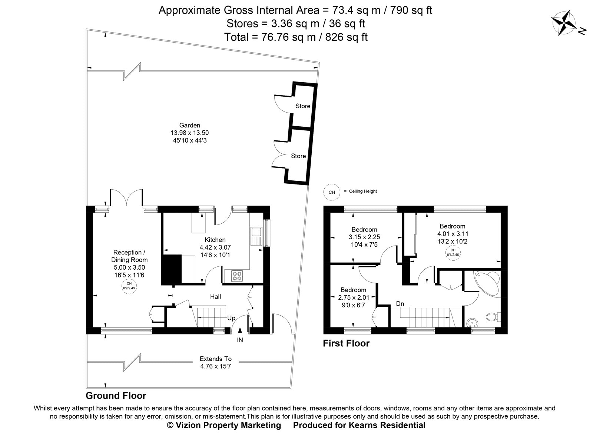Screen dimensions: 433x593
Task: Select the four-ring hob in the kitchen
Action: click(x=237, y=276)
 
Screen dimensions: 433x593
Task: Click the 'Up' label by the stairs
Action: click(x=231, y=318)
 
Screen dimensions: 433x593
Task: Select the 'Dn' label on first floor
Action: click(x=400, y=304)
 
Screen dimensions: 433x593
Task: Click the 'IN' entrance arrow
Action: click(x=240, y=335)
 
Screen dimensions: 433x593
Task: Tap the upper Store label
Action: click(x=303, y=106)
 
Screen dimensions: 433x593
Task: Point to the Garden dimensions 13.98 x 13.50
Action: click(x=190, y=133)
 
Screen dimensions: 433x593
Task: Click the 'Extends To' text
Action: click(x=215, y=359)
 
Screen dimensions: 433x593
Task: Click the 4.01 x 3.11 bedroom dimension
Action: click(x=452, y=234)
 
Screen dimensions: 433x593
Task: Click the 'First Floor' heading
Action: click(x=346, y=343)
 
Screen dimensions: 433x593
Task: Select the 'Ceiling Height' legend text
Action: click(x=362, y=191)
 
